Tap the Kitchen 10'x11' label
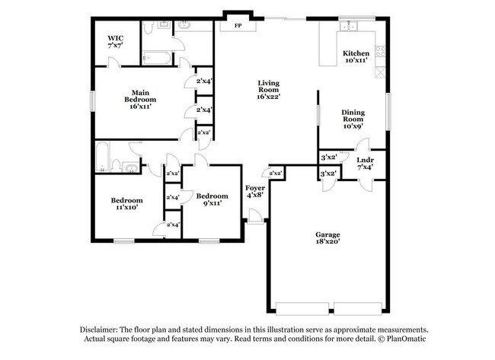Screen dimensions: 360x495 pos(356,56)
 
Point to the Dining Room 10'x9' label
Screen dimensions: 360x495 pos(353,119)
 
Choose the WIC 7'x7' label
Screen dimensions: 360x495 pos(116,42)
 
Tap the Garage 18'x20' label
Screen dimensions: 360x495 pos(327,237)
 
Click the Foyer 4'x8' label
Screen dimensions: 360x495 pos(254,191)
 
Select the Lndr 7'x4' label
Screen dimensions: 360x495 pos(365,164)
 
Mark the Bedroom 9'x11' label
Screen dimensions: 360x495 pos(212,199)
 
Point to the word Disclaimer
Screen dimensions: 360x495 pos(101,330)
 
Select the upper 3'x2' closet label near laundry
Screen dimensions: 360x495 pos(329,158)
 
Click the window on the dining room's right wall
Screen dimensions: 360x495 pos(388,111)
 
